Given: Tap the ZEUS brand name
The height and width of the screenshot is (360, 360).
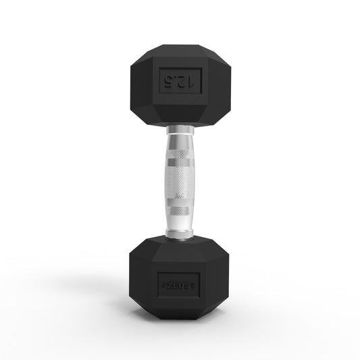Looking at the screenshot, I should pyautogui.click(x=180, y=278).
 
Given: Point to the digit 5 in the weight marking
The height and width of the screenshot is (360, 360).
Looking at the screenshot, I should pyautogui.click(x=167, y=81).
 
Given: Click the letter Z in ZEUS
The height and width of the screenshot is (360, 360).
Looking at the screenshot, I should pyautogui.click(x=169, y=278).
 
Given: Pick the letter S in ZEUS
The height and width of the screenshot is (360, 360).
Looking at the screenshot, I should pyautogui.click(x=191, y=278).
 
